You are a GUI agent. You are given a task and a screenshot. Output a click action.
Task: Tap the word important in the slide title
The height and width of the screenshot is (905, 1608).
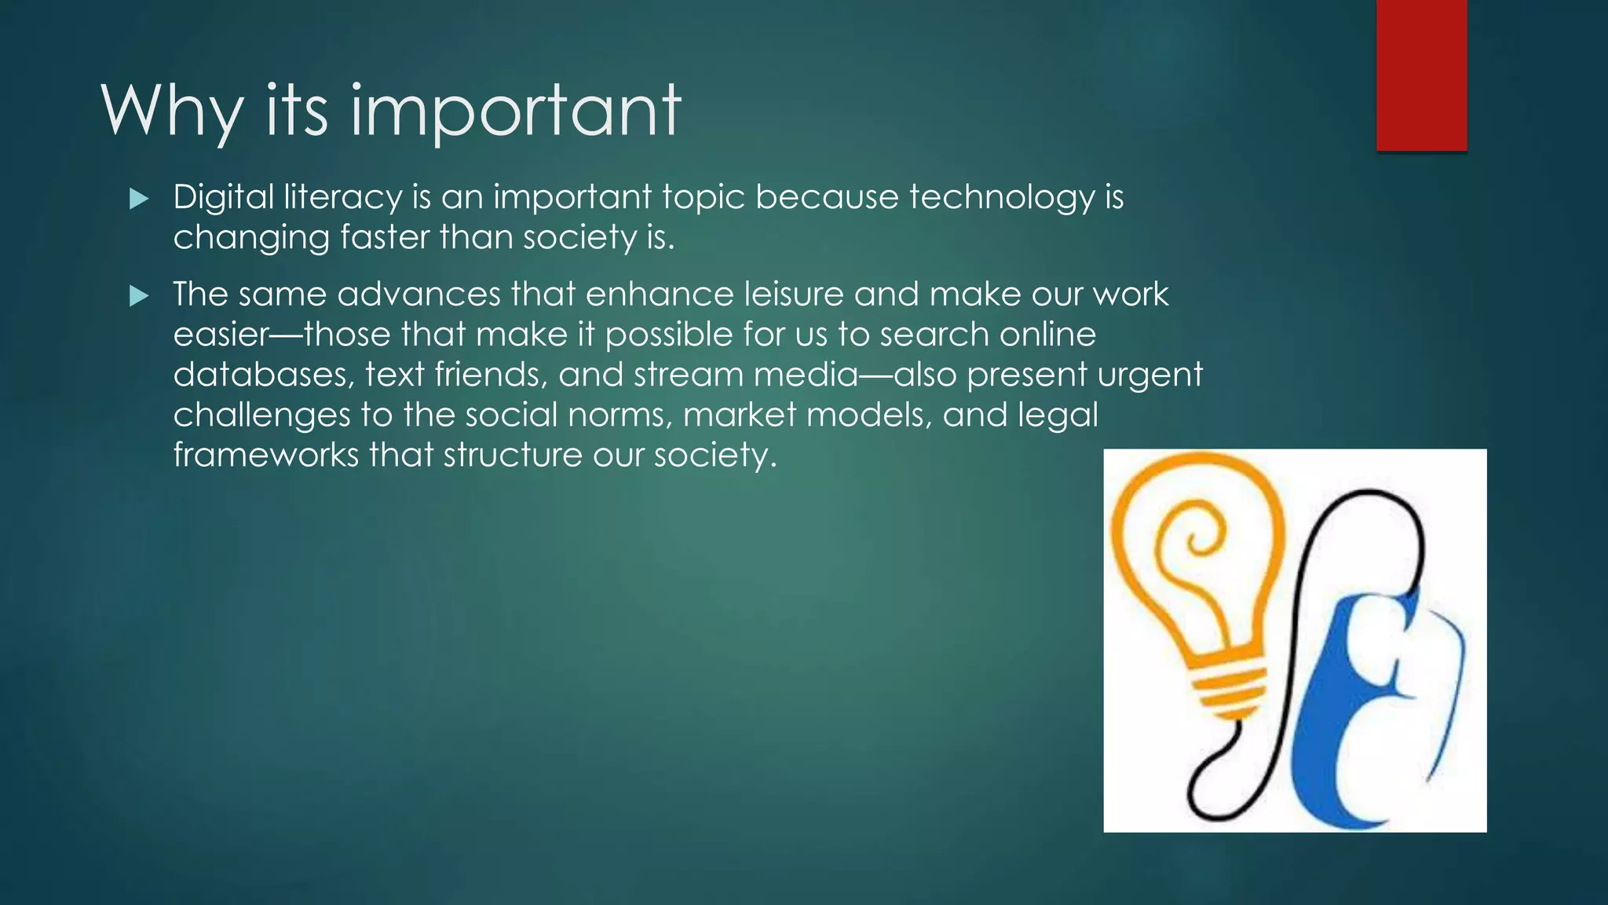tap(515, 112)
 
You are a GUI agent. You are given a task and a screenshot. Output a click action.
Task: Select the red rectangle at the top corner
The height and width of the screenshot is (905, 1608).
tap(1421, 75)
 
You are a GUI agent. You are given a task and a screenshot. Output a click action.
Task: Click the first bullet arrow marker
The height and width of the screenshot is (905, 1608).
tap(139, 199)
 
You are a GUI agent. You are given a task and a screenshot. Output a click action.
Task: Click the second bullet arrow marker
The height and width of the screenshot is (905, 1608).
tap(139, 296)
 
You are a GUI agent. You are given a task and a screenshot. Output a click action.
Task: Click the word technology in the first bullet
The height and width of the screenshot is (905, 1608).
tap(1001, 197)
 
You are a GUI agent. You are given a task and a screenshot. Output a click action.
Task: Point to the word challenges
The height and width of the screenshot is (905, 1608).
tap(261, 416)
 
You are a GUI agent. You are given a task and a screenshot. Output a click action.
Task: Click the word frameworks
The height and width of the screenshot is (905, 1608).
tap(265, 456)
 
